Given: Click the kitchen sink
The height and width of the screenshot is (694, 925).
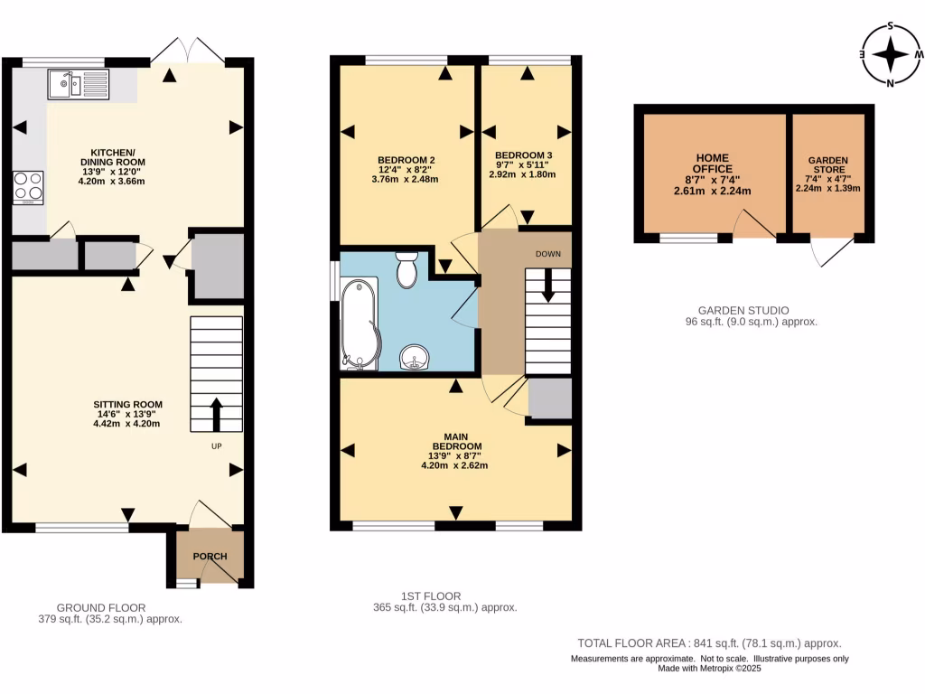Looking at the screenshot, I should tap(78, 84).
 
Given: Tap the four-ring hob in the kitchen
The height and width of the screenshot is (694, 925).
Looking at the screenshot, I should tap(28, 186).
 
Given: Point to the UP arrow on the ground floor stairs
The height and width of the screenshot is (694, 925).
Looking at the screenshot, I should tap(216, 414).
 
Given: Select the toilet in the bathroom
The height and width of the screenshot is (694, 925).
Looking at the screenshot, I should tap(406, 269).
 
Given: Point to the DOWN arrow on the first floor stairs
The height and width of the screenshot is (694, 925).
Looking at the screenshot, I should tap(548, 286).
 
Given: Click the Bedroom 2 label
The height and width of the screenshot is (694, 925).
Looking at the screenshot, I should tap(406, 170).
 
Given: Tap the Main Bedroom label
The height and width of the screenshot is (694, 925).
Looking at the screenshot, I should tap(455, 451).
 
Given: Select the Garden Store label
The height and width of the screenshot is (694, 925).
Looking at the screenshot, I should tap(827, 173).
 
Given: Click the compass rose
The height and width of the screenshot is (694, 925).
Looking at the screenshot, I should tap(891, 54).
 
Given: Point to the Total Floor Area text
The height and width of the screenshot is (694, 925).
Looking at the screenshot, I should tap(709, 643).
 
